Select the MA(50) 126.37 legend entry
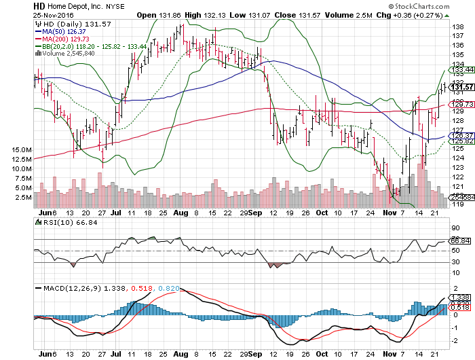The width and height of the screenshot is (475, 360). click(x=66, y=31)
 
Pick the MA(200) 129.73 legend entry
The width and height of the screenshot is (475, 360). click(x=69, y=39)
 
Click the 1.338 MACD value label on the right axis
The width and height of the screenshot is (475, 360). click(x=461, y=297)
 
